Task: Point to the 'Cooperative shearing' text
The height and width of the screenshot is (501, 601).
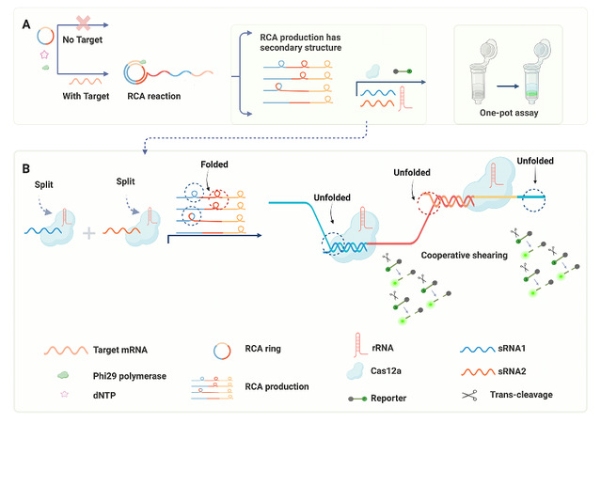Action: pyautogui.click(x=465, y=255)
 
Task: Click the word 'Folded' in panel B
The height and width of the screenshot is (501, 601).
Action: pyautogui.click(x=214, y=164)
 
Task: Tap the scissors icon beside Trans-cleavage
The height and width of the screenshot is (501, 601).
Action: pyautogui.click(x=467, y=396)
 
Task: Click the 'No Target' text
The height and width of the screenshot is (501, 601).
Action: pyautogui.click(x=81, y=41)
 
